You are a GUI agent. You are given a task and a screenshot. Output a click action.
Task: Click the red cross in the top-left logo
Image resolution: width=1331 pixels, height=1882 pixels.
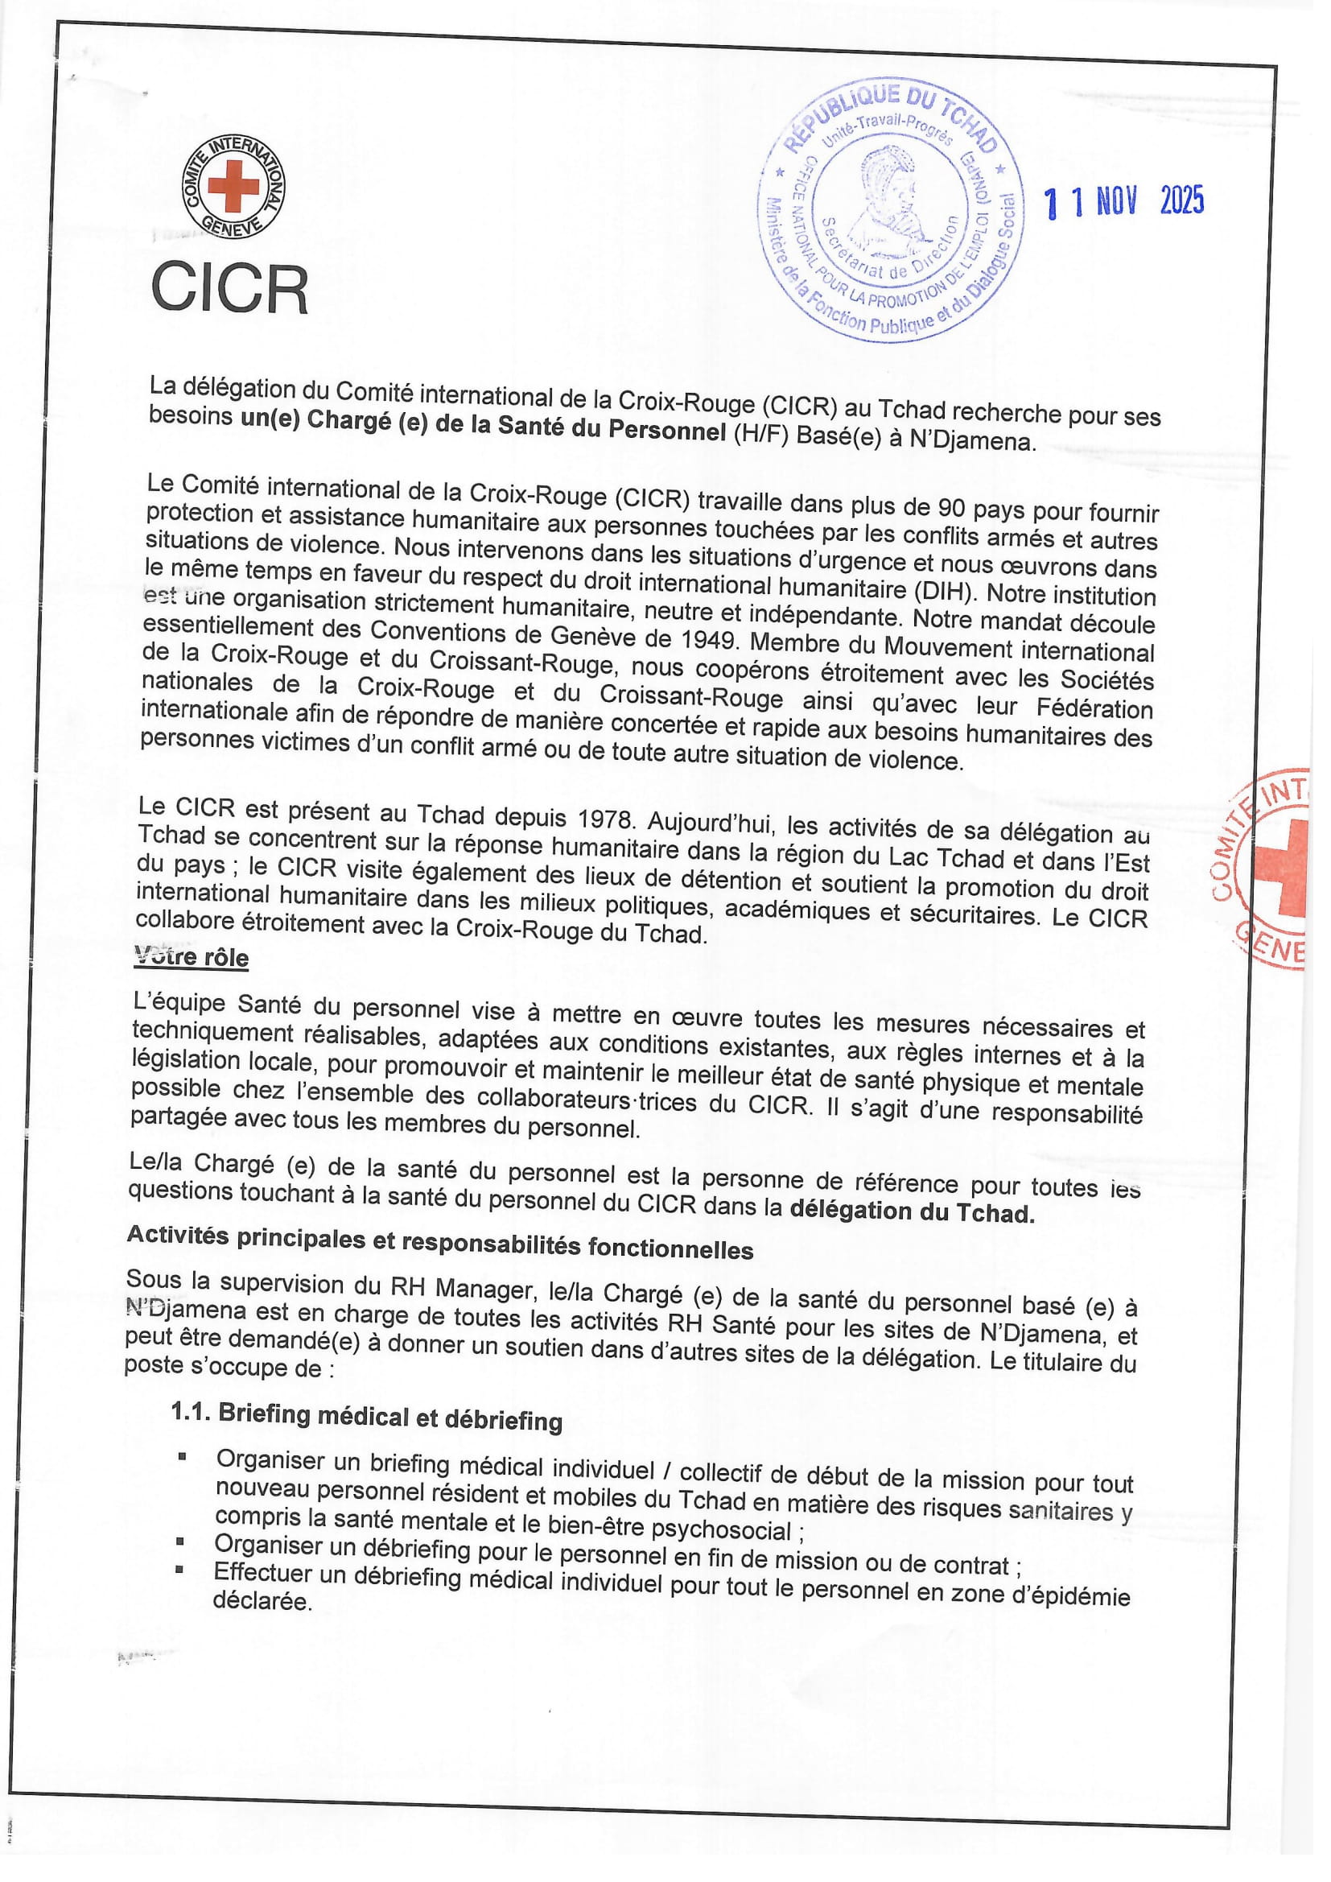pyautogui.click(x=233, y=185)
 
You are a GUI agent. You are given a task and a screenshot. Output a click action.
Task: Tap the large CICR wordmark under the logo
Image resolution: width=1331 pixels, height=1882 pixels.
pyautogui.click(x=229, y=288)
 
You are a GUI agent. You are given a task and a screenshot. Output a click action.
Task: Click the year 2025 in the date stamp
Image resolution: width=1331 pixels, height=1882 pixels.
pyautogui.click(x=1181, y=200)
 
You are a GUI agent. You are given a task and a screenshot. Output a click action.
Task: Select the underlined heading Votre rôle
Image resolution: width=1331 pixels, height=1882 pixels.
pyautogui.click(x=191, y=956)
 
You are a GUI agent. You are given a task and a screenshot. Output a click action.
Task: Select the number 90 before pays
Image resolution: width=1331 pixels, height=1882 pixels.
pyautogui.click(x=951, y=508)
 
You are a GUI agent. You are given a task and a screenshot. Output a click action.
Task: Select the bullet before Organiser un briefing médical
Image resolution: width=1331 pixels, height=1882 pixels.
pyautogui.click(x=182, y=1457)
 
